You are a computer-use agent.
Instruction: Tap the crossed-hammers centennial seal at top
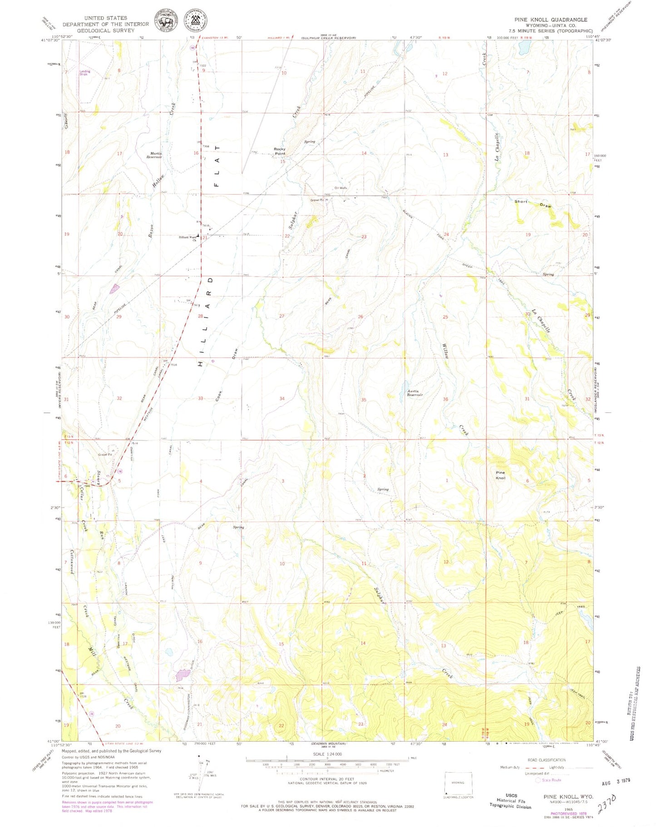coord(196,21)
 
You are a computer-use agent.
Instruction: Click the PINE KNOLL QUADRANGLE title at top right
coord(550,20)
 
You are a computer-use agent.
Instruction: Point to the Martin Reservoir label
coord(156,155)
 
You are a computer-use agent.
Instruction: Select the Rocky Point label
coord(280,151)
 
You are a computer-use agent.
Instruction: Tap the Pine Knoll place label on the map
coord(500,475)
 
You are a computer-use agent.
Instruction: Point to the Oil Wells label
coord(340,188)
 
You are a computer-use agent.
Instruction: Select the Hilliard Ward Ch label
coord(187,238)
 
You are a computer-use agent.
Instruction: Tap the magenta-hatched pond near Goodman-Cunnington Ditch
coord(183,675)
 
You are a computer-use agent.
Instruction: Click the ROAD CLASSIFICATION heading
coord(547,760)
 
